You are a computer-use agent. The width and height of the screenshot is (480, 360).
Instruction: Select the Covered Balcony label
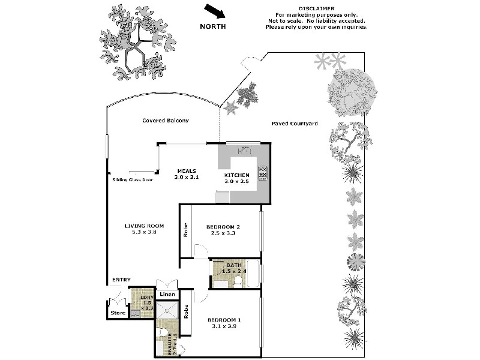click(166, 121)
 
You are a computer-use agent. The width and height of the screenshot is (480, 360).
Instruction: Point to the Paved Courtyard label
click(293, 124)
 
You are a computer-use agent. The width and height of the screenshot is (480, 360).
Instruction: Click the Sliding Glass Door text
click(133, 179)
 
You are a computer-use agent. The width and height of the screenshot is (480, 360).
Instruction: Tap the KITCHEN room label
click(236, 175)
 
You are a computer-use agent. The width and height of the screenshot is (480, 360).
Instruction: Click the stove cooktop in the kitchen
click(263, 173)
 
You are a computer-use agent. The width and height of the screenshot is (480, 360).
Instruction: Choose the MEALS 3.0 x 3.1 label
click(186, 174)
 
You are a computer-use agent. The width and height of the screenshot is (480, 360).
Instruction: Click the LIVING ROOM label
click(140, 229)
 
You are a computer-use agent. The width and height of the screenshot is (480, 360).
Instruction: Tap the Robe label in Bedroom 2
click(186, 230)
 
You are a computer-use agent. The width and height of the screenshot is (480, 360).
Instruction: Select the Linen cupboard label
click(167, 294)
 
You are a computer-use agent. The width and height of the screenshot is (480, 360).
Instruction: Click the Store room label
click(117, 313)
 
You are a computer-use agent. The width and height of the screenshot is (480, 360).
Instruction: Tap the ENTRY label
click(121, 280)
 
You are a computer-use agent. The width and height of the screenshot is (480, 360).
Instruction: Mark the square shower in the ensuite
click(167, 310)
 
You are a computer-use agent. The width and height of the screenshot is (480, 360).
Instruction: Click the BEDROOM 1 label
click(224, 323)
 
